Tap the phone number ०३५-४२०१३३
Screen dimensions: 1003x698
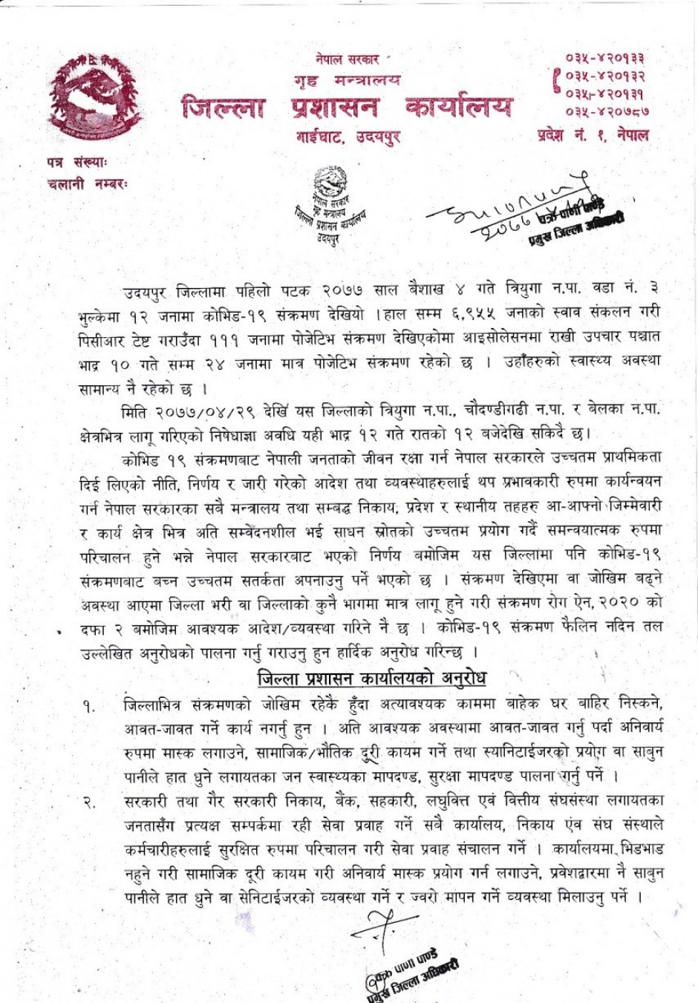coord(604,58)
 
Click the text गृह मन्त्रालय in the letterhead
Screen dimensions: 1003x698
coord(347,79)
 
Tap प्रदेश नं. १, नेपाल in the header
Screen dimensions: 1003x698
coord(593,135)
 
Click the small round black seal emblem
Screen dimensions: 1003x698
coord(330,182)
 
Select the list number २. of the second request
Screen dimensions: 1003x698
coord(88,803)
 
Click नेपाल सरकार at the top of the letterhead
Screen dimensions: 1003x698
coord(347,59)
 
